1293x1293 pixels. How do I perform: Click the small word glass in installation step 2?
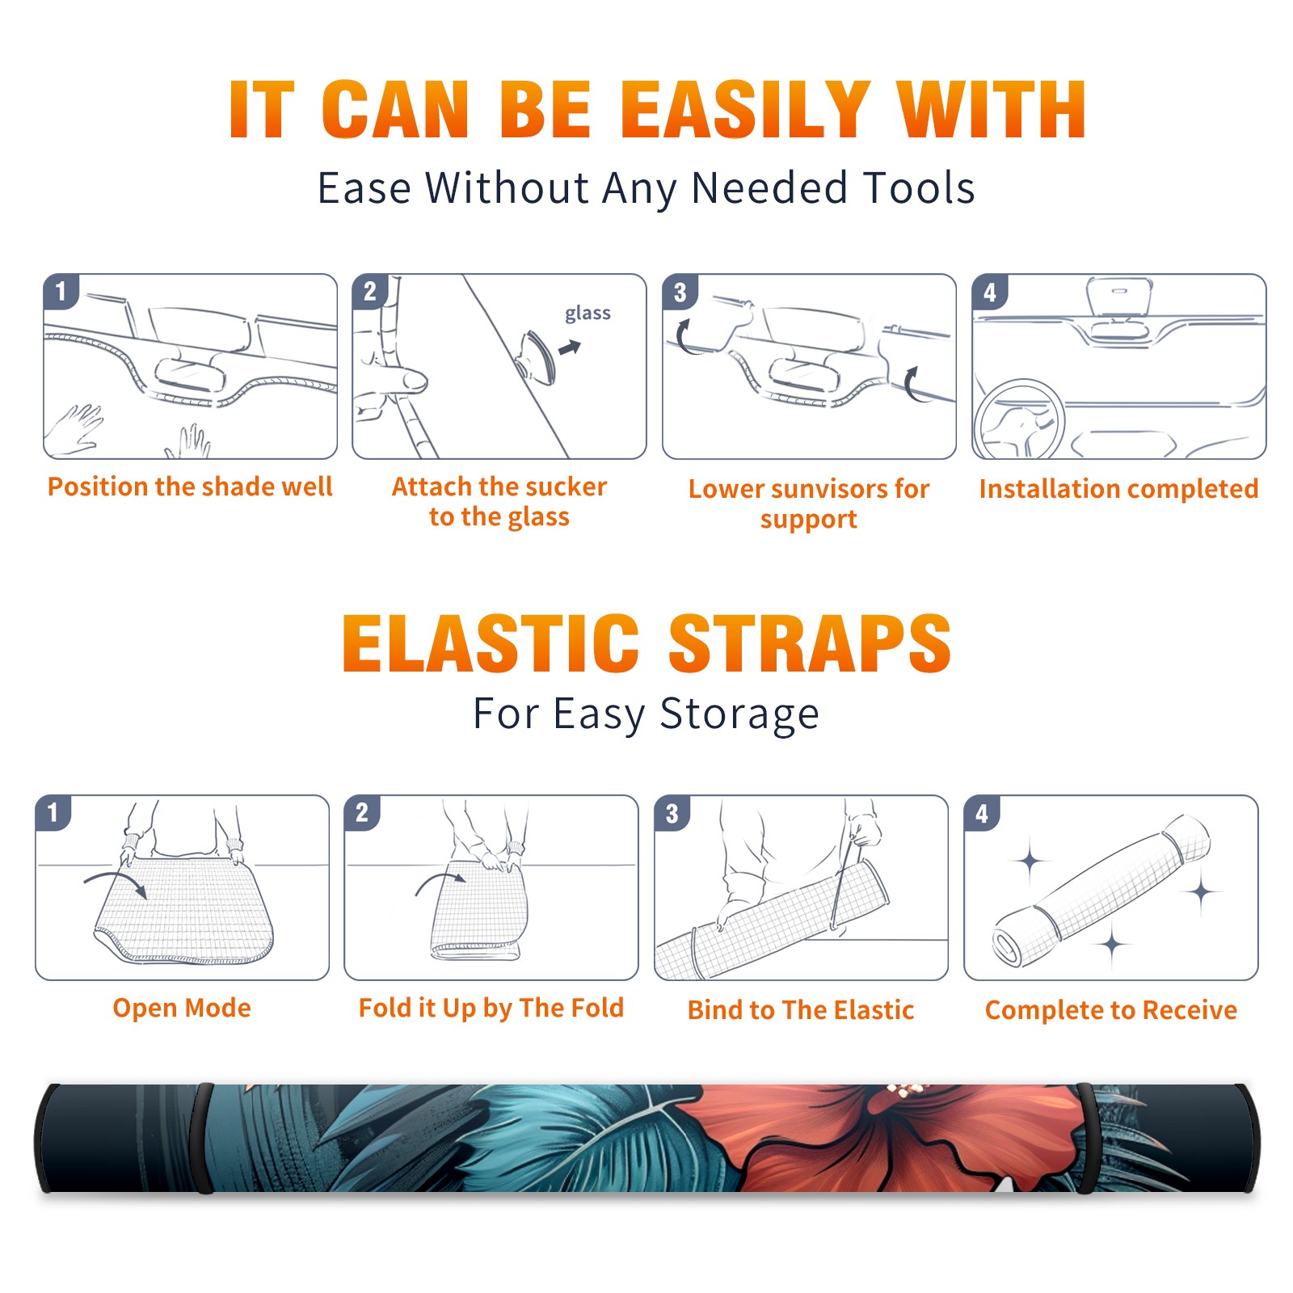pyautogui.click(x=588, y=314)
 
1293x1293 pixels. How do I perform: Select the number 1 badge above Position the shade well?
pyautogui.click(x=61, y=291)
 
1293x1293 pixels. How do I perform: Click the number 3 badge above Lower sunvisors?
pyautogui.click(x=680, y=292)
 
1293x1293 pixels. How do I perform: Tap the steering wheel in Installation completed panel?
pyautogui.click(x=1019, y=419)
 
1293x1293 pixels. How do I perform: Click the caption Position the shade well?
pyautogui.click(x=190, y=486)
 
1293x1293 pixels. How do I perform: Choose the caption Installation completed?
pyautogui.click(x=1118, y=489)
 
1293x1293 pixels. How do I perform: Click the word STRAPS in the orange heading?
pyautogui.click(x=810, y=643)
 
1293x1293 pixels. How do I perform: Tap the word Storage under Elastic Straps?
pyautogui.click(x=739, y=714)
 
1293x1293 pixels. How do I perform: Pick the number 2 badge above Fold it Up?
pyautogui.click(x=362, y=813)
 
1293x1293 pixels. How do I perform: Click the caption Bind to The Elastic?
pyautogui.click(x=801, y=1010)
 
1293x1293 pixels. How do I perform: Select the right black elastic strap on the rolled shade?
pyautogui.click(x=1085, y=1138)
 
